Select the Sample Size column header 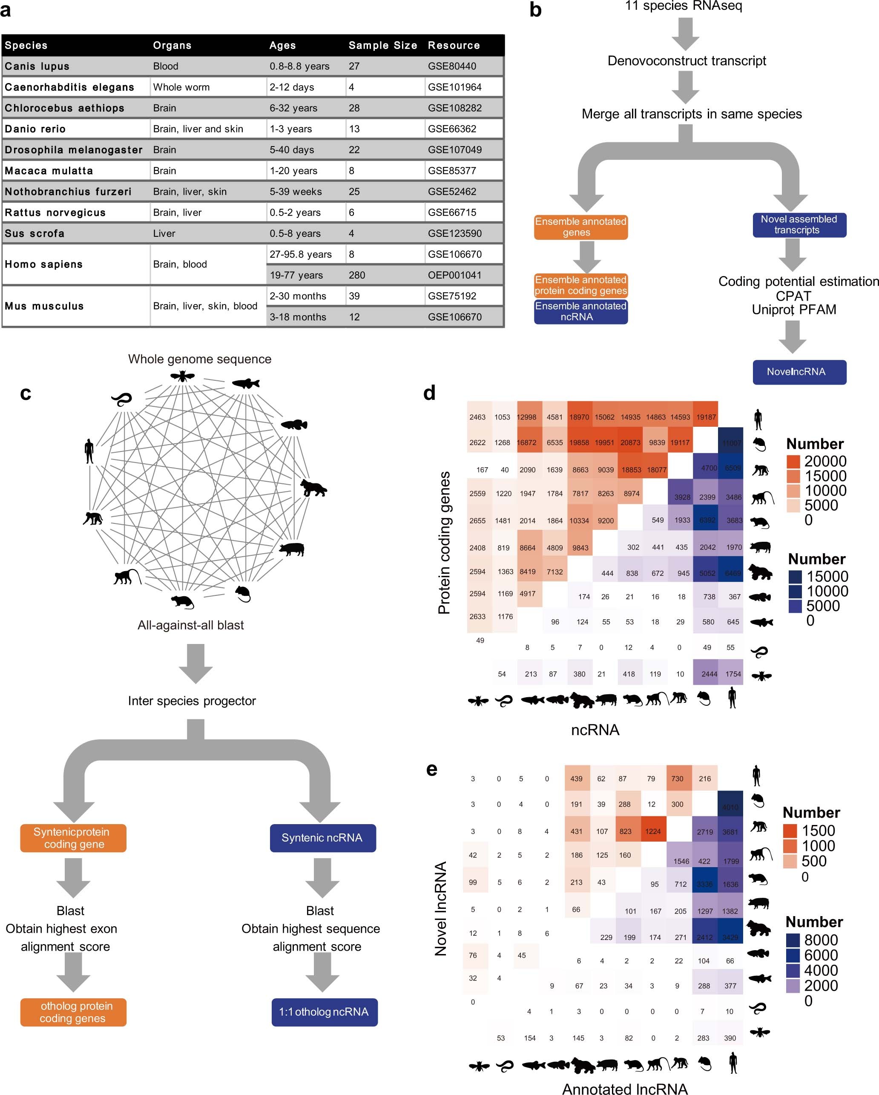[x=382, y=45]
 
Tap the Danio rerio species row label [x=35, y=129]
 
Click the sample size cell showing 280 [x=356, y=275]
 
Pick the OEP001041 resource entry [x=454, y=275]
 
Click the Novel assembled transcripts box [x=799, y=224]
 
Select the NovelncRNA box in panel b [x=799, y=372]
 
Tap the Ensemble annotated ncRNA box [x=580, y=311]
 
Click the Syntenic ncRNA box [x=322, y=838]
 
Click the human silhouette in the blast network [x=89, y=451]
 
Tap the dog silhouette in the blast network [x=313, y=488]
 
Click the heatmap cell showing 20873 [x=630, y=443]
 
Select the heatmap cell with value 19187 [x=705, y=417]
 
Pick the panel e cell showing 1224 [x=653, y=831]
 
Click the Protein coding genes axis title [x=444, y=543]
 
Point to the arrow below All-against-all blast [x=195, y=663]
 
